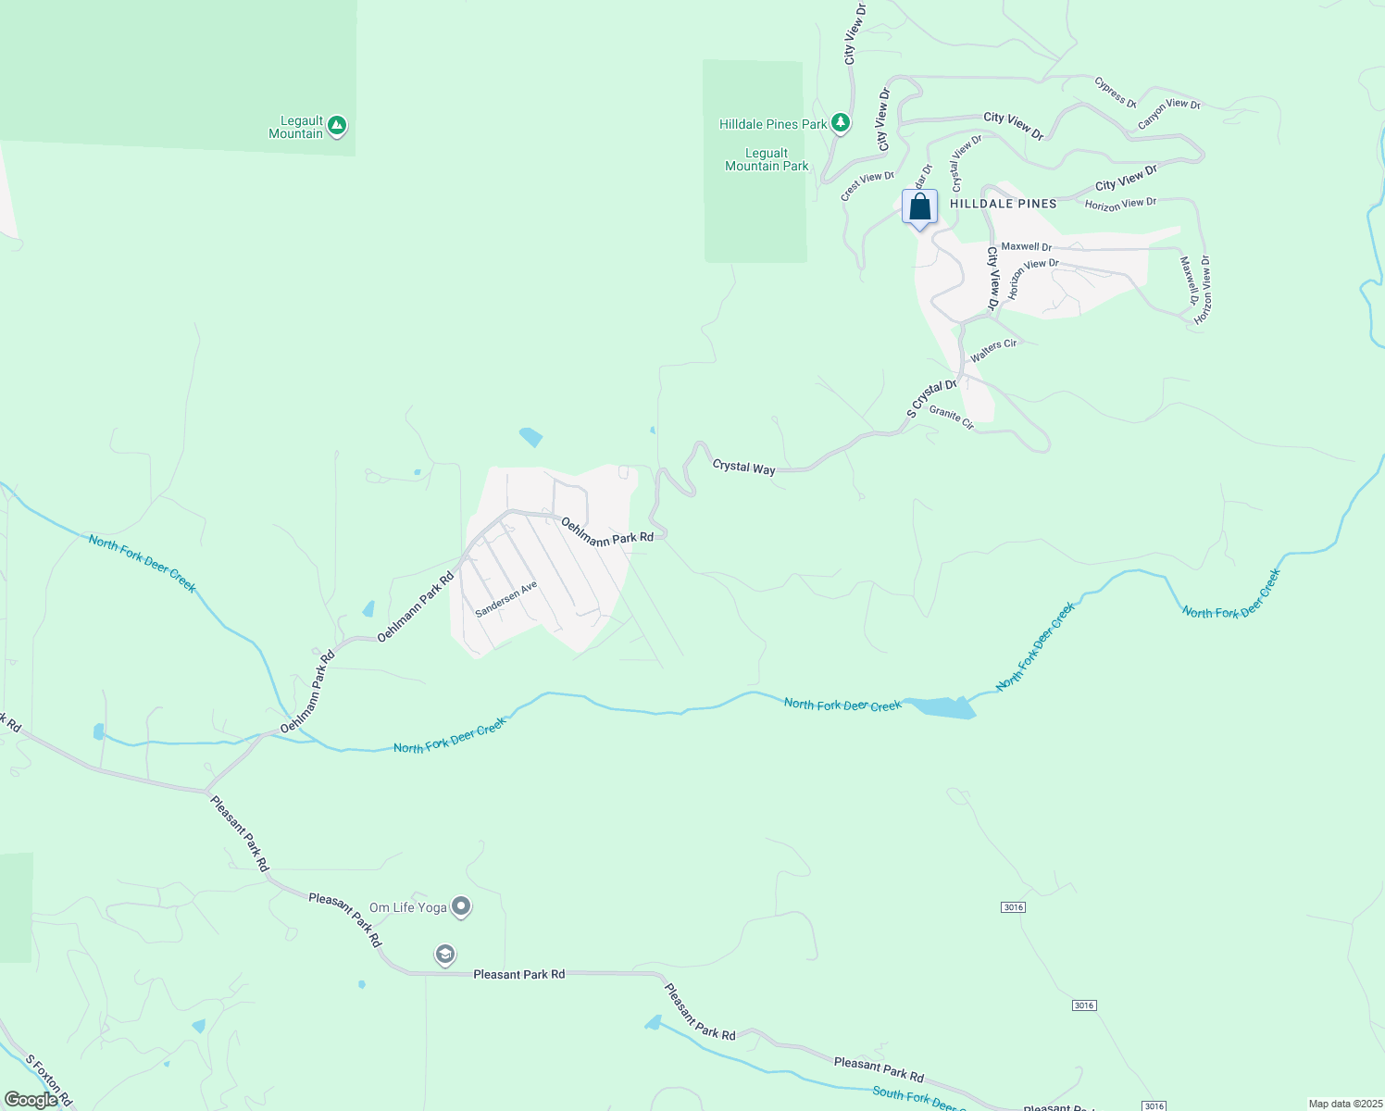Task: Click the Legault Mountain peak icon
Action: [337, 125]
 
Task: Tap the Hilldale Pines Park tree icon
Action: [841, 123]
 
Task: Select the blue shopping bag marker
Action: [919, 207]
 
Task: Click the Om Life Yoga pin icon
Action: [461, 907]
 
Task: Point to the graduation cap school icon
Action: [445, 955]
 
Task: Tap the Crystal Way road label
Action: [743, 468]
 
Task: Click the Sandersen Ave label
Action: [506, 600]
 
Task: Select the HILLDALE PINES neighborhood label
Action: [1004, 204]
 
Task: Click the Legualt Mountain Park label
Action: [767, 160]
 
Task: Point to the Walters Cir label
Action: [993, 350]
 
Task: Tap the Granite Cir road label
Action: [952, 418]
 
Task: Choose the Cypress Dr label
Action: [1115, 93]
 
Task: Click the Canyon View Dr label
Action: [1168, 113]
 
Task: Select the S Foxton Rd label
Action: [48, 1080]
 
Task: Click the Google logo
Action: [31, 1100]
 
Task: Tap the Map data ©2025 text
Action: [1344, 1104]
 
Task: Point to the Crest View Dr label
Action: [867, 185]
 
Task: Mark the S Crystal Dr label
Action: [930, 398]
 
